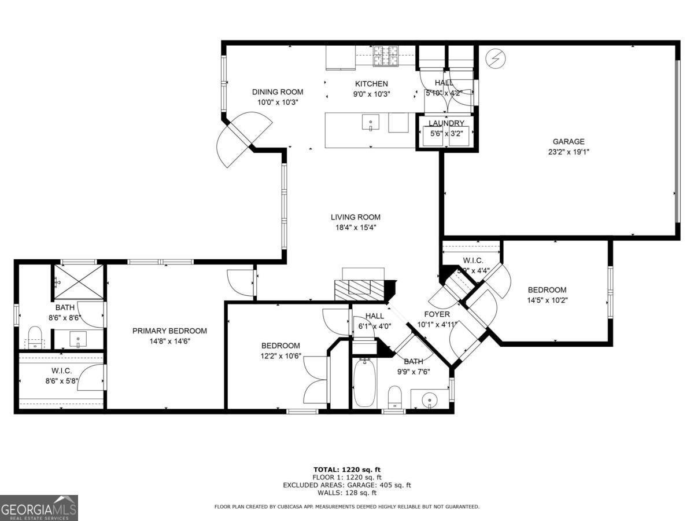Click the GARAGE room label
pos(568,141)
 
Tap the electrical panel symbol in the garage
pos(496,58)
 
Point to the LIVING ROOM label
pos(355,217)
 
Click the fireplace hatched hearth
pos(359,288)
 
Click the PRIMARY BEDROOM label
pos(169,331)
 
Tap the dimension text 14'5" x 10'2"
pos(547,300)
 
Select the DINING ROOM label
pos(277,92)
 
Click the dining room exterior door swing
pos(243,139)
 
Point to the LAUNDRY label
pos(446,123)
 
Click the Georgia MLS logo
pos(39,508)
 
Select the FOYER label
pos(437,314)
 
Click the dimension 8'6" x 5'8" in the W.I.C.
pos(61,381)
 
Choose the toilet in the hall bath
pos(395,397)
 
